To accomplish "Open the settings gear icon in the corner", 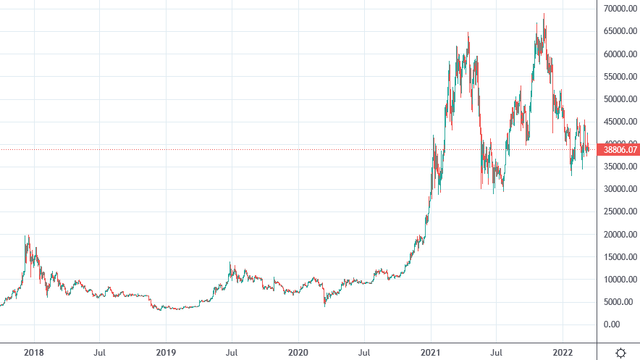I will (x=620, y=352).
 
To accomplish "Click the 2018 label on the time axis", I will (x=33, y=352).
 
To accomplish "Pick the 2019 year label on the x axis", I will (x=166, y=352).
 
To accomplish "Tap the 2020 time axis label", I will (x=298, y=352).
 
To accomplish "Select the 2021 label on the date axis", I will (x=431, y=352).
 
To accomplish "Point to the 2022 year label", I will (x=564, y=352).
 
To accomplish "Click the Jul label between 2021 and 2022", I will (x=497, y=352).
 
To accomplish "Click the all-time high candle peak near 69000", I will (x=544, y=14).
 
